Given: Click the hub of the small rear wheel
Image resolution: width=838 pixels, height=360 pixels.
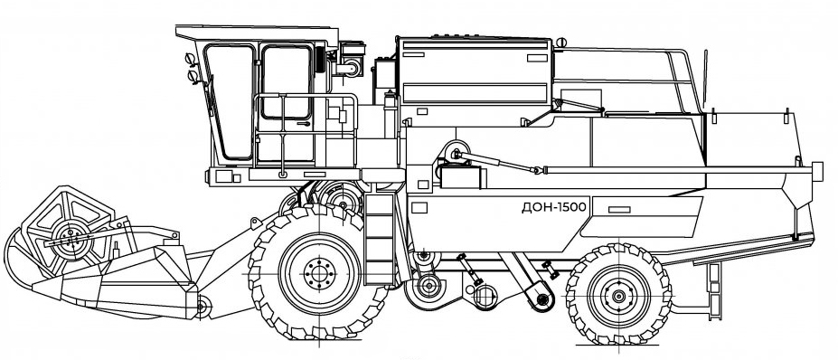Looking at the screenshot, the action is pyautogui.click(x=618, y=296).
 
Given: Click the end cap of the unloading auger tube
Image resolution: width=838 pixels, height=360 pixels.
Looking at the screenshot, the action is pyautogui.click(x=817, y=170).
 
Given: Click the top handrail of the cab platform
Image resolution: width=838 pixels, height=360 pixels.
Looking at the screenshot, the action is pyautogui.click(x=298, y=96).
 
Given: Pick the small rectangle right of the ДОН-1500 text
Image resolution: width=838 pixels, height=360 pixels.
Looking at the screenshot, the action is pyautogui.click(x=619, y=210).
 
